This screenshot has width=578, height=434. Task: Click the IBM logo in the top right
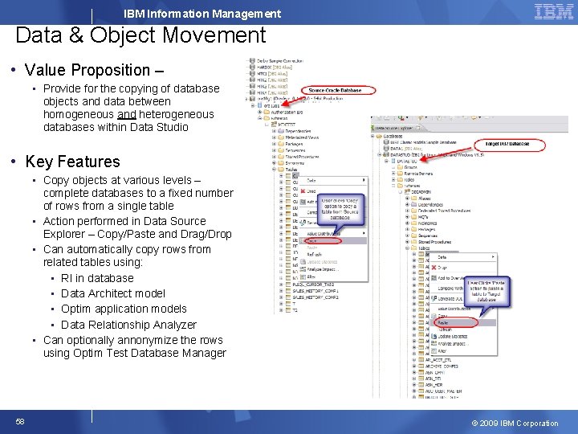[x=553, y=11]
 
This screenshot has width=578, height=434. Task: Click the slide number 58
[x=20, y=422]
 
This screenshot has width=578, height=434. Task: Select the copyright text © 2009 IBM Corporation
[x=514, y=424]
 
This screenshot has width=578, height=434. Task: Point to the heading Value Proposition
[x=88, y=70]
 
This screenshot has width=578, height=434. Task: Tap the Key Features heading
[x=72, y=162]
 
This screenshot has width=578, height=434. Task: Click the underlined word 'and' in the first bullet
[x=126, y=114]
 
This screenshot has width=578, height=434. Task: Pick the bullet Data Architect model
[x=113, y=293]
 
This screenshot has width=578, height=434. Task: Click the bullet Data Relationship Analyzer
[x=128, y=325]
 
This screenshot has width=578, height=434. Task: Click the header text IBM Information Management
[x=202, y=14]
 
